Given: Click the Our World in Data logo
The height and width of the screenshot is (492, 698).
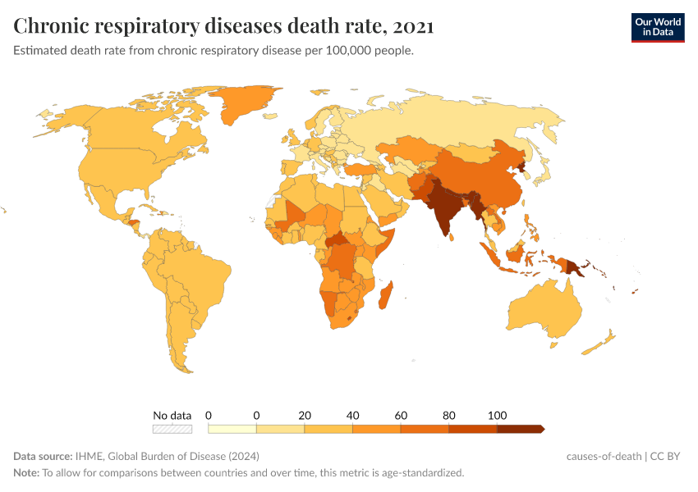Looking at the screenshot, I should [x=657, y=26].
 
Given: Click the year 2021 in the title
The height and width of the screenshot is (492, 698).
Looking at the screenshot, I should [x=413, y=26].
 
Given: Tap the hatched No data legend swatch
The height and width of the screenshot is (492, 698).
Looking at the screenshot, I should [x=172, y=429].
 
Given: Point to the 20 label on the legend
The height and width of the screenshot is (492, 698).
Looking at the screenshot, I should [x=305, y=414].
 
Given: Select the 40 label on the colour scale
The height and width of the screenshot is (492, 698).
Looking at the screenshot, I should [x=353, y=414].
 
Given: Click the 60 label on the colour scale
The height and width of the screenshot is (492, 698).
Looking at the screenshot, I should [x=401, y=414].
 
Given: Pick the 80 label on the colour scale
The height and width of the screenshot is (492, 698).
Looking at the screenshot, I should [x=448, y=414].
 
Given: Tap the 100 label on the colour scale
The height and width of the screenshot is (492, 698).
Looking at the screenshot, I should [x=497, y=414].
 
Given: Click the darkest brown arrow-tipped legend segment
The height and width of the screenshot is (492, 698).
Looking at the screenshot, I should [x=520, y=429].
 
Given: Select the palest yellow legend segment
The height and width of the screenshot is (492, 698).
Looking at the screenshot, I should [x=232, y=429].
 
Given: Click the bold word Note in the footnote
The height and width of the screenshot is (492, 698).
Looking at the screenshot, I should [x=26, y=473].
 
